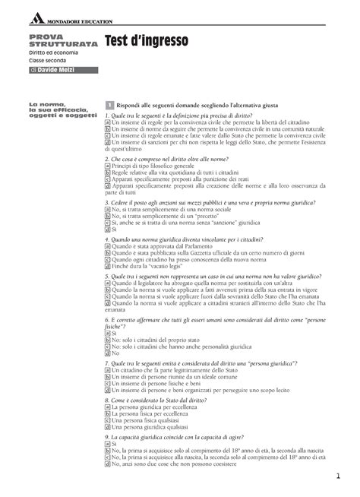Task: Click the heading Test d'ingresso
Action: pos(144,46)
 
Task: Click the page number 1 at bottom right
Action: pos(334,476)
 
